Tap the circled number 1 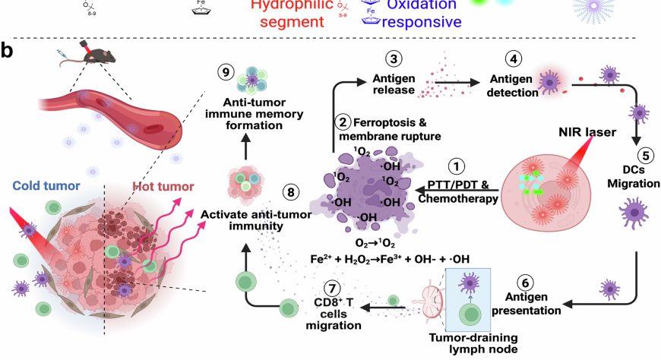(x=456, y=166)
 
